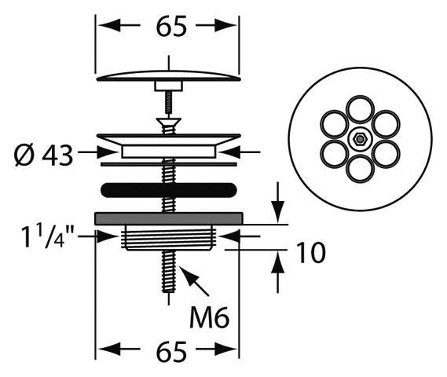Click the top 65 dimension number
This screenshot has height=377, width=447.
[171, 26]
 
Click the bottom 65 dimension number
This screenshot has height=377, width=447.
[171, 351]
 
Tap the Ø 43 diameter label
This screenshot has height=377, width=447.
[44, 156]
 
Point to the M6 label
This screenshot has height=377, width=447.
[210, 317]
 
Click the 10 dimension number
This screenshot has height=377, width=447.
[311, 252]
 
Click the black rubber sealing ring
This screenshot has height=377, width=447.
[168, 190]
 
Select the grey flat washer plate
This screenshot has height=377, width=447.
[168, 218]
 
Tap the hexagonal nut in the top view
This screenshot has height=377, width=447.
[360, 139]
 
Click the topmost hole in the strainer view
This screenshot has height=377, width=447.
[360, 110]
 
